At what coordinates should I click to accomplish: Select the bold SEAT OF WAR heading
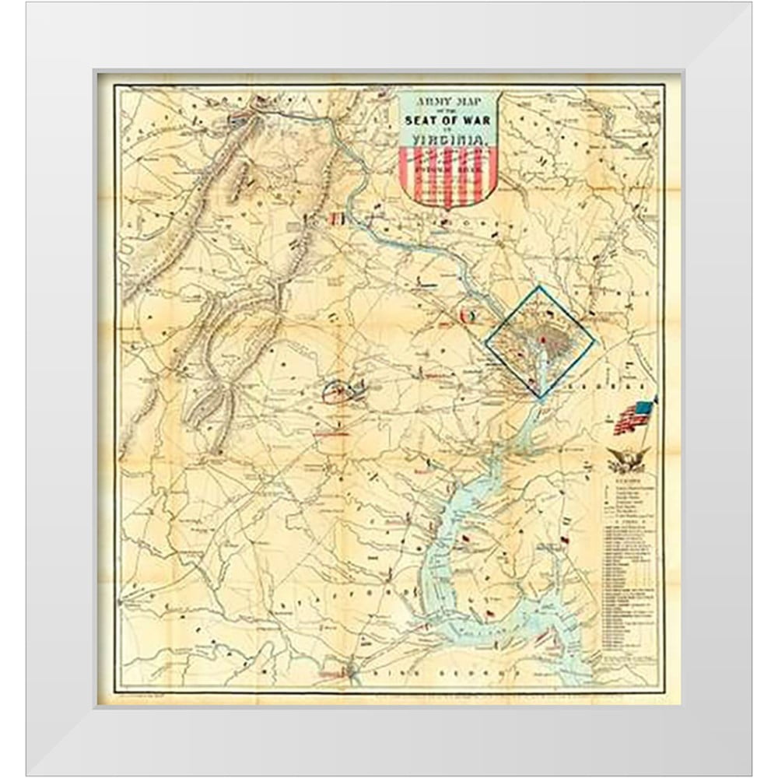pos(446,120)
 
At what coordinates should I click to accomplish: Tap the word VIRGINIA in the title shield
pos(446,140)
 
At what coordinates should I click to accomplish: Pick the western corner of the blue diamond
pos(485,342)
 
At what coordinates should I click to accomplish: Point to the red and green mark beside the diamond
pos(468,317)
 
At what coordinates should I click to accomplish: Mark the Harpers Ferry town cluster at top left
pos(241,120)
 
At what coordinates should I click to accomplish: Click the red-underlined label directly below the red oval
pos(335,436)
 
